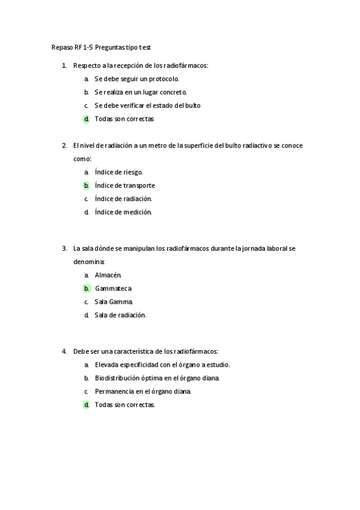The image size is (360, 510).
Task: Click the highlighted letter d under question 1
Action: pyautogui.click(x=87, y=118)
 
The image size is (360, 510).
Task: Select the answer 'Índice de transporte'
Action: pyautogui.click(x=124, y=185)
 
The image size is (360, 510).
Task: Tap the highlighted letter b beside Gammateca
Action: pyautogui.click(x=87, y=288)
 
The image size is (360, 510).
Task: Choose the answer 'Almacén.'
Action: pyautogui.click(x=108, y=275)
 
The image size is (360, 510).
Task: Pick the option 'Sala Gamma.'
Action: pyautogui.click(x=114, y=301)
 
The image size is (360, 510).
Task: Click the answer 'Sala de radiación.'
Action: pyautogui.click(x=120, y=315)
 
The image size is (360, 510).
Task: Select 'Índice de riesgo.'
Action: pyautogui.click(x=118, y=172)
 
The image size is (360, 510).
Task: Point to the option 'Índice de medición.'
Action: pyautogui.click(x=123, y=212)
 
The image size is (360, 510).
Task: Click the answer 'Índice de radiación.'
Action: pyautogui.click(x=123, y=198)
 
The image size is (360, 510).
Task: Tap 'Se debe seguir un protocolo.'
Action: pyautogui.click(x=136, y=79)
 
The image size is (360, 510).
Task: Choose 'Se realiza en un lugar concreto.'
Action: pyautogui.click(x=141, y=92)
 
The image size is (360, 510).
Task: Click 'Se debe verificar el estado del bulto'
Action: pyautogui.click(x=147, y=105)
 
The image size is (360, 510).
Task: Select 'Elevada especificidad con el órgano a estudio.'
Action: pyautogui.click(x=162, y=364)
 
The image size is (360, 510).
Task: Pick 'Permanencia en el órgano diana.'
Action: pyautogui.click(x=143, y=391)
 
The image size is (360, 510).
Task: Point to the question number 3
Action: pyautogui.click(x=64, y=248)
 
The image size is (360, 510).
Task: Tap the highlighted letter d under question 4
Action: pyautogui.click(x=87, y=405)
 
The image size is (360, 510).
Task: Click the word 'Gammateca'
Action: pyautogui.click(x=113, y=288)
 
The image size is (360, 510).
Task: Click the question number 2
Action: pyautogui.click(x=64, y=145)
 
